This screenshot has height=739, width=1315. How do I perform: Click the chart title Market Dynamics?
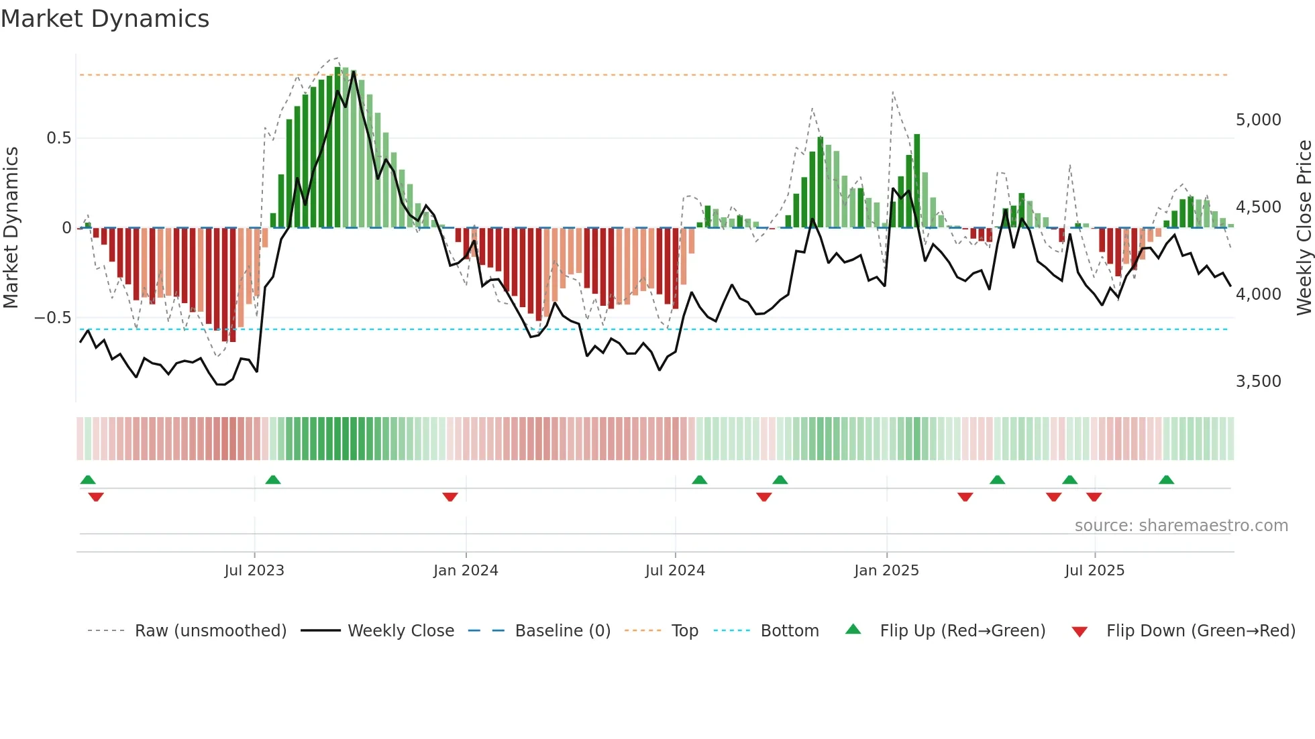[105, 19]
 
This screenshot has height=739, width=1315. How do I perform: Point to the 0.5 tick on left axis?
[59, 138]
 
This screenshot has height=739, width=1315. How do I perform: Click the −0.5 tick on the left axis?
[53, 318]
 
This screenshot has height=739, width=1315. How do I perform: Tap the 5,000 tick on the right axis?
[1258, 120]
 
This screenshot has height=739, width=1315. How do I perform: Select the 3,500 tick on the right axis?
[1258, 382]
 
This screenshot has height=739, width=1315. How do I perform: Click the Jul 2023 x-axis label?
[254, 571]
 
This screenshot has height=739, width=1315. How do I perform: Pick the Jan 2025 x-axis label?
[886, 571]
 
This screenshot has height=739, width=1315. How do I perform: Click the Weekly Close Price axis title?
[1303, 228]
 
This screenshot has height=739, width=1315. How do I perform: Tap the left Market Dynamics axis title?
[11, 228]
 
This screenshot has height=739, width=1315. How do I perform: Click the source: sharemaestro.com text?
[1181, 526]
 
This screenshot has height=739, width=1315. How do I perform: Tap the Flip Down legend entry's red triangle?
[1080, 632]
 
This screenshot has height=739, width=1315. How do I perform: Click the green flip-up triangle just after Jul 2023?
[273, 480]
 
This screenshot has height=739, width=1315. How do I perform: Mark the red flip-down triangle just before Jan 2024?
[450, 497]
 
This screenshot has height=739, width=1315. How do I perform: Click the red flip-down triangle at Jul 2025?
[1094, 497]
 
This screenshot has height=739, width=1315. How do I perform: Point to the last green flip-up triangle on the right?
[1166, 480]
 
